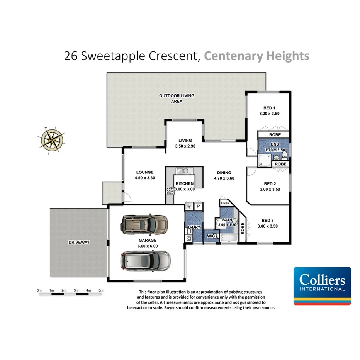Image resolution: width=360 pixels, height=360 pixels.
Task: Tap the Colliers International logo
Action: pyautogui.click(x=322, y=286)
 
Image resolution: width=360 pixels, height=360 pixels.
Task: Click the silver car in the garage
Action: pyautogui.click(x=145, y=261)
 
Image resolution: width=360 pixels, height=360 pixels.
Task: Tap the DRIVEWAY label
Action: pyautogui.click(x=79, y=243)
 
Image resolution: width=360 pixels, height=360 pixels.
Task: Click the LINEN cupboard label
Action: pyautogui.click(x=225, y=203)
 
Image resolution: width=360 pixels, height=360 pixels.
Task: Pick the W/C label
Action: pyautogui.click(x=211, y=236)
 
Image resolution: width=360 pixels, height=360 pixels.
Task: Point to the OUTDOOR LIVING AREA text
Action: pyautogui.click(x=177, y=98)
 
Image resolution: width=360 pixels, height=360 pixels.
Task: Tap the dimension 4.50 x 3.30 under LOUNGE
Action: pyautogui.click(x=145, y=178)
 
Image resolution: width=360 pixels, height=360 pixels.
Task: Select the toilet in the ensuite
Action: pyautogui.click(x=284, y=155)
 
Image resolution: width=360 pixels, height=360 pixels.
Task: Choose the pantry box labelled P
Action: pyautogui.click(x=198, y=207)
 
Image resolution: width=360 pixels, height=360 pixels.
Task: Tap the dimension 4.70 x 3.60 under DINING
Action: pyautogui.click(x=224, y=178)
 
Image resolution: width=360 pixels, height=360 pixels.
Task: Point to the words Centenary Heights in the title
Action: pyautogui.click(x=256, y=56)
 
